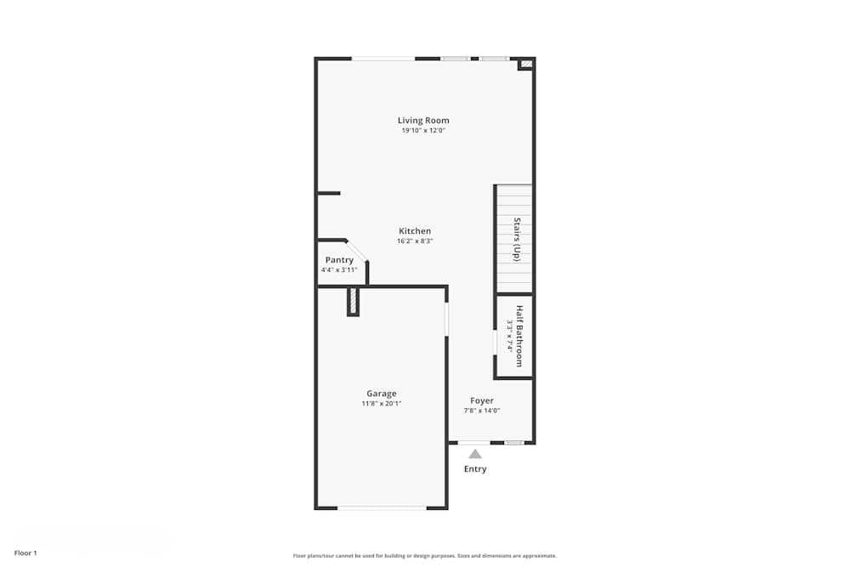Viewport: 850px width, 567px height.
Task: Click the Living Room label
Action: tap(423, 121)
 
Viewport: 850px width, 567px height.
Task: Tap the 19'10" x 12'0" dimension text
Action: tap(423, 131)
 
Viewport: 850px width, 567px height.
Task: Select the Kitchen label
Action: tap(415, 231)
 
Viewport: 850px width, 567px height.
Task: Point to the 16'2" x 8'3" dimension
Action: tap(415, 241)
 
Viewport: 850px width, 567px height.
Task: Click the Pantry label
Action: tap(339, 260)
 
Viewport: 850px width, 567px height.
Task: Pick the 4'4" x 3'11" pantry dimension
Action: tap(339, 270)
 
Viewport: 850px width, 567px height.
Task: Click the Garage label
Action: tap(382, 394)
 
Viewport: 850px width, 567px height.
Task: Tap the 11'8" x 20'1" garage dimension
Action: tap(382, 404)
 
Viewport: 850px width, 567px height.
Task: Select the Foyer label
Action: tap(482, 400)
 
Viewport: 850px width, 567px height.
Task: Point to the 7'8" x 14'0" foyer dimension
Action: tap(482, 411)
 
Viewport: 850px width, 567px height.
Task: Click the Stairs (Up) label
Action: tap(516, 239)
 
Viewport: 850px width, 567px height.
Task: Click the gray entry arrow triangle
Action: tap(475, 454)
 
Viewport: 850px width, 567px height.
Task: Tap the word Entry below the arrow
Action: tap(475, 469)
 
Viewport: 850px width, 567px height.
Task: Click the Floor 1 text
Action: tap(25, 553)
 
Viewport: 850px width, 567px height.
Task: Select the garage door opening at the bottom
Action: tap(382, 507)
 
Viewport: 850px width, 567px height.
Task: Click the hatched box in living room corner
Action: tap(526, 63)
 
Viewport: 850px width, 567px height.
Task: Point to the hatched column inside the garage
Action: tap(353, 301)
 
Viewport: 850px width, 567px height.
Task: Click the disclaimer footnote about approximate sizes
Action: tap(425, 556)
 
